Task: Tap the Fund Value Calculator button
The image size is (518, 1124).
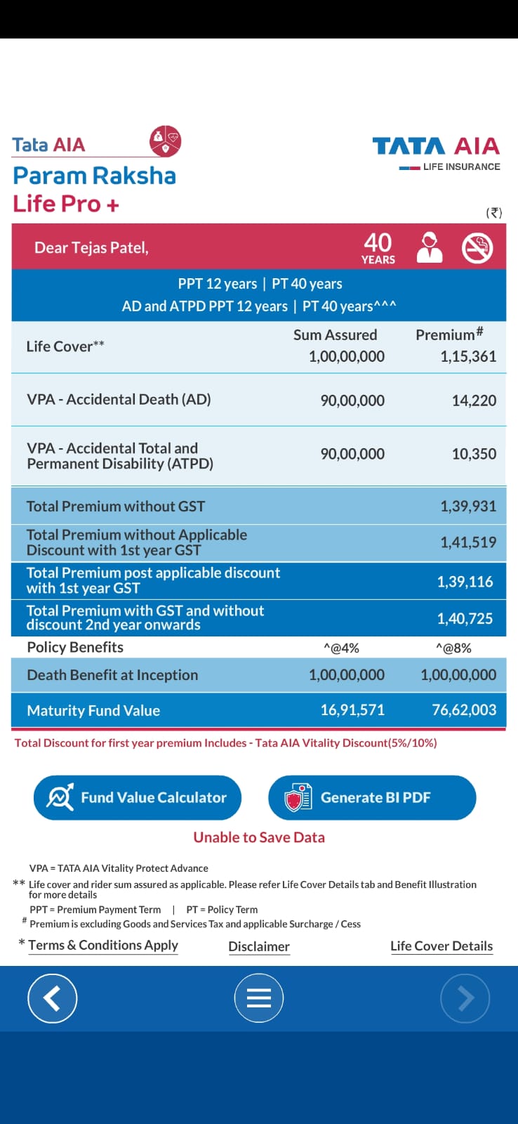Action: point(138,797)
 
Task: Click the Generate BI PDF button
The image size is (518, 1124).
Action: point(372,797)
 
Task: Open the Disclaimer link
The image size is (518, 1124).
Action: point(259,946)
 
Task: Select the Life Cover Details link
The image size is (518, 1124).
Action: point(441,946)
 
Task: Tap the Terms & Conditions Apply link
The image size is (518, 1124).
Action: point(103,945)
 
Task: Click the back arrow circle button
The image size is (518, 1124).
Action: point(52,998)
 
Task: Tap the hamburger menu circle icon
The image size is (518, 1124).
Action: point(259,998)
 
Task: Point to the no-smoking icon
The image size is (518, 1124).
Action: point(477,247)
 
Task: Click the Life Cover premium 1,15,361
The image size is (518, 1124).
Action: point(468,356)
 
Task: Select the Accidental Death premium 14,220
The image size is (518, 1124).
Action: point(474,400)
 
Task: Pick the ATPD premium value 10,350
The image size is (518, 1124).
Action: point(474,454)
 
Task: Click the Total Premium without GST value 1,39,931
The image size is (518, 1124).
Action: point(468,507)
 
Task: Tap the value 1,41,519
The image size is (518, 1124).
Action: point(468,542)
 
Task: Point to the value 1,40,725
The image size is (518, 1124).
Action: point(465,618)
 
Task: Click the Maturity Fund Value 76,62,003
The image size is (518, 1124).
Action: point(464,710)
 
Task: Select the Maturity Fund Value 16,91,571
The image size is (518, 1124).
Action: point(352,710)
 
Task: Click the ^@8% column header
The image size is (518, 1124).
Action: point(453,648)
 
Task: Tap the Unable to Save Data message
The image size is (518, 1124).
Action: point(259,837)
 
